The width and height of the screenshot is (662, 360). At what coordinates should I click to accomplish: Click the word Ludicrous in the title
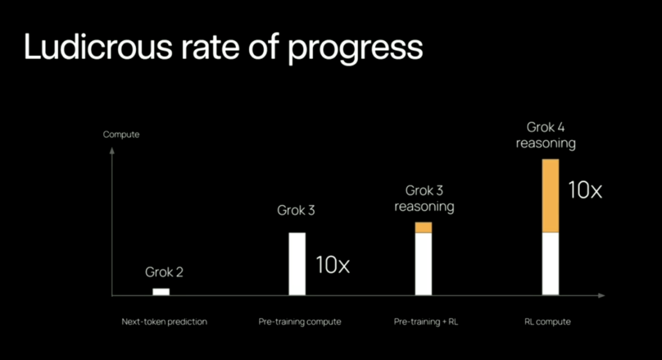98,46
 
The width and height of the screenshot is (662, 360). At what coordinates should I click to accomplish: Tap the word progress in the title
355,50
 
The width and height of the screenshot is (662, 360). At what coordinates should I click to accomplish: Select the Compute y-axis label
121,135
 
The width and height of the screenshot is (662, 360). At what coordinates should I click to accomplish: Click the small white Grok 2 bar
161,291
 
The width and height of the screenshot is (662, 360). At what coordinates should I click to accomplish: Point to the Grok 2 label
164,272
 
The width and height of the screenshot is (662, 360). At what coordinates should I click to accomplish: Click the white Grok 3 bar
297,264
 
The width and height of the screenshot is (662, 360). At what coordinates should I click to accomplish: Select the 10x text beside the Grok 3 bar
333,265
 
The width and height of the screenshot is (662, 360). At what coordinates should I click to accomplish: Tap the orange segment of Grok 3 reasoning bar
424,228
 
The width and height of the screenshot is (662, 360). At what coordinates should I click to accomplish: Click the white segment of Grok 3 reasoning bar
424,264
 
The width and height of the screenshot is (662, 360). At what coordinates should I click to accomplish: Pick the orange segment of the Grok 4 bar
550,196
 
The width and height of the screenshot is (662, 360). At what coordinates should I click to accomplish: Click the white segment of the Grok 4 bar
550,264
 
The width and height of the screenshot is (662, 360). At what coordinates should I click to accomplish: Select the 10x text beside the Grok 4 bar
585,190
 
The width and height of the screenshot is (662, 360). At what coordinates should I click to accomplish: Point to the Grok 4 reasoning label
546,135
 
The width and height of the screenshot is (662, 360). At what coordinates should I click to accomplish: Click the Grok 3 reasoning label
424,199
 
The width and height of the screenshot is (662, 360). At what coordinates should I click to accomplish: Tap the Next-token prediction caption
164,321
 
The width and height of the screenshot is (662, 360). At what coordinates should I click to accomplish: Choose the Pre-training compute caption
300,322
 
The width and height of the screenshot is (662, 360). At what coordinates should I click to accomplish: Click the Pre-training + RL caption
426,322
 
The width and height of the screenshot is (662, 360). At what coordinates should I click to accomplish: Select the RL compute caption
547,322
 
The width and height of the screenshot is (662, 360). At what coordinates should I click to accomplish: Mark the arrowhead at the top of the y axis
112,150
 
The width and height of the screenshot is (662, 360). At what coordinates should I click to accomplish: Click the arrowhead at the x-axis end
602,296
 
